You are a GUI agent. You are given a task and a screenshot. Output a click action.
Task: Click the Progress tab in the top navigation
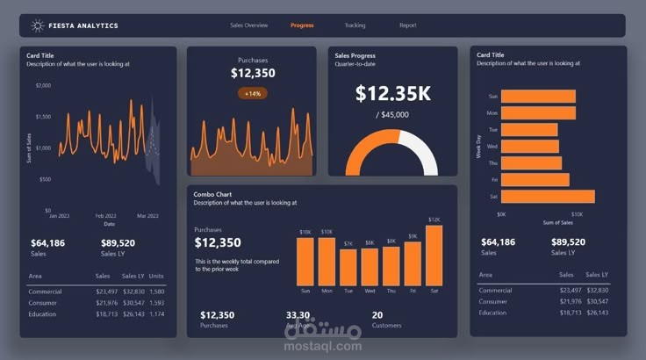pos(302,25)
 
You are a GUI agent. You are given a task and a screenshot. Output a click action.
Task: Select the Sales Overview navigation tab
pos(248,25)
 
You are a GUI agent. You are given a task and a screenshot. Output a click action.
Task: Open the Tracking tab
pos(355,25)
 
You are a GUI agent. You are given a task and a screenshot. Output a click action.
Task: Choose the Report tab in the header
pos(407,25)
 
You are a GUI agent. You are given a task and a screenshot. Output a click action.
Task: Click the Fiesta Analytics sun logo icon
pos(38,25)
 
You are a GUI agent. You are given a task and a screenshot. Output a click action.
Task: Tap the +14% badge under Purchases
pos(253,93)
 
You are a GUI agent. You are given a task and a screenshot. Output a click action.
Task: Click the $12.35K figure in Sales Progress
pos(392,92)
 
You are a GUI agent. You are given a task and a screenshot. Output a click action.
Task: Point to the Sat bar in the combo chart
pos(434,256)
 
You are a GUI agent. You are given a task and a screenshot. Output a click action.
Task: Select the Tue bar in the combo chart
pos(348,267)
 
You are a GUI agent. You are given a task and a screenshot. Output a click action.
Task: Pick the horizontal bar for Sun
pos(538,96)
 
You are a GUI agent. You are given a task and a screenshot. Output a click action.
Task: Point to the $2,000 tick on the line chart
pos(43,85)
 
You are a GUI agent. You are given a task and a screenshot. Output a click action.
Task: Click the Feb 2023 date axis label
pos(105,216)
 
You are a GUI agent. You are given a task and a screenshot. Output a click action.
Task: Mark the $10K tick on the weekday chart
pos(577,214)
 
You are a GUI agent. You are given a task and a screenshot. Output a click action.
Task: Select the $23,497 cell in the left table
pos(106,291)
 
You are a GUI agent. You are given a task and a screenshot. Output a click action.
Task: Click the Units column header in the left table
pos(156,275)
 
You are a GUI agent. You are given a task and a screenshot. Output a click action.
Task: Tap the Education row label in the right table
pos(492,313)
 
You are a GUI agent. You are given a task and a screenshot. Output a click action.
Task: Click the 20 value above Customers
pos(377,314)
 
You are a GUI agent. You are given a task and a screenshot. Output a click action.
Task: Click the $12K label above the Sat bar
pos(434,220)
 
